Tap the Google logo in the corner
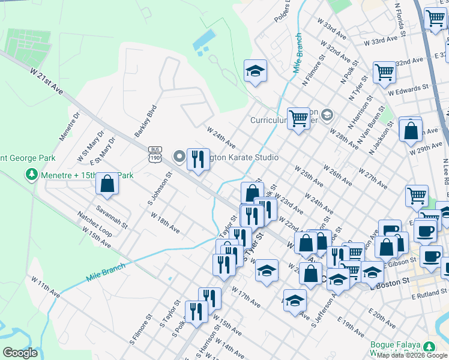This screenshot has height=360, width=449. click(20, 353)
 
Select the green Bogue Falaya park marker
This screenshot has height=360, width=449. click(429, 347)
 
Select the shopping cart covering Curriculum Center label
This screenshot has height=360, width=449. click(298, 118)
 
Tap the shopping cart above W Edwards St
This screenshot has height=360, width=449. click(384, 72)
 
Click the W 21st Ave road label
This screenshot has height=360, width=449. click(46, 80)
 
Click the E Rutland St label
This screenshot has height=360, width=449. click(430, 297)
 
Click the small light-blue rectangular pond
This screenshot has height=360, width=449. click(203, 40)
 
